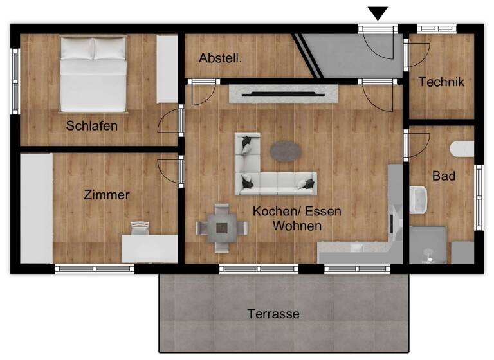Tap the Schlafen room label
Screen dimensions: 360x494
tap(92, 126)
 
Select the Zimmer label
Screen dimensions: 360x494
tap(107, 195)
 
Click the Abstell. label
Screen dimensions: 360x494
tap(221, 58)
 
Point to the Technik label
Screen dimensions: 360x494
tap(441, 82)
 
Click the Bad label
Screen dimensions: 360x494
tap(444, 175)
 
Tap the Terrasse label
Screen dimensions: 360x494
tap(273, 314)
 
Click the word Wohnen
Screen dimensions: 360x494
tap(297, 226)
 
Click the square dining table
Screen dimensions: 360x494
tap(223, 228)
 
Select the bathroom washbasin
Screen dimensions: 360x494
tap(419, 199)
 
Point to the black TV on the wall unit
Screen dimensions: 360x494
tap(284, 94)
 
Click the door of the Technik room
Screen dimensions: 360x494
tap(416, 54)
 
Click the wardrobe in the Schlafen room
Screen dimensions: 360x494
tap(167, 69)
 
